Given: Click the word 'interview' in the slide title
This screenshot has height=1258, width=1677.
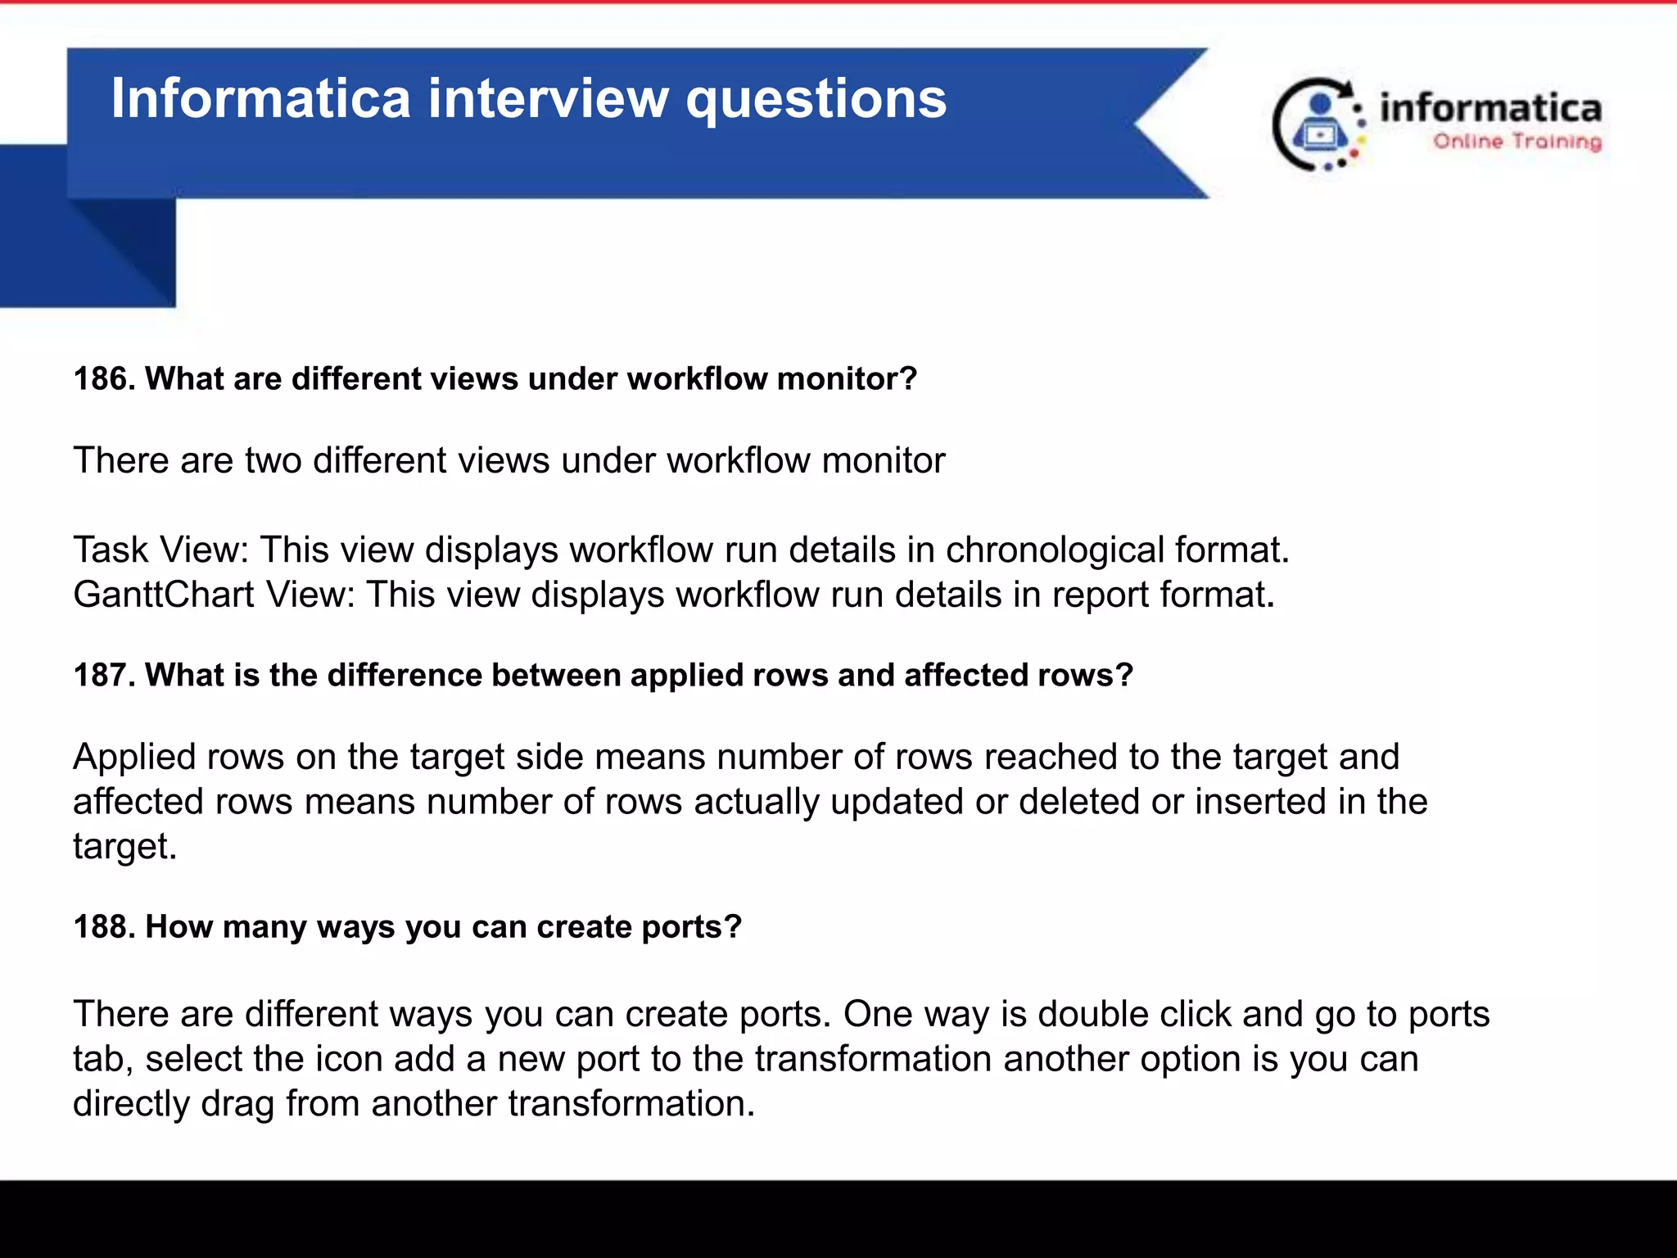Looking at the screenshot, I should pos(548,98).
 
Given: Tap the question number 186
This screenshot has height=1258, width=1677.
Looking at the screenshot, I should pos(104,379).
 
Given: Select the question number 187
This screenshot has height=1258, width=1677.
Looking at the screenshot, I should pos(104,676).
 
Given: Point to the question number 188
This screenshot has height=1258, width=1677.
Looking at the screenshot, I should pos(104,927).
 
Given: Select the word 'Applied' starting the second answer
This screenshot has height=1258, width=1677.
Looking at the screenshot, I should pos(134,758).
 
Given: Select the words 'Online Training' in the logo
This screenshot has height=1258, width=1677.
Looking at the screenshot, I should pos(1517,142).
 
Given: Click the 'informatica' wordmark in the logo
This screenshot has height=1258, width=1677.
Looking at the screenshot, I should pos(1490,109).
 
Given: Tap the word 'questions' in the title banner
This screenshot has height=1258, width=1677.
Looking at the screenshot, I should pos(816,98).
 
